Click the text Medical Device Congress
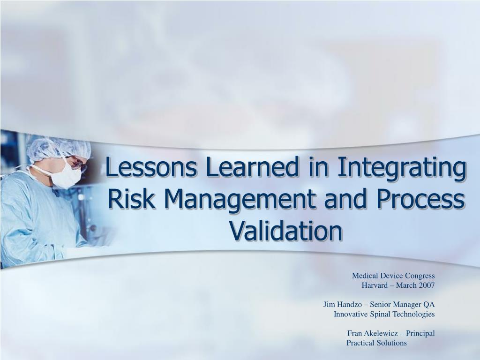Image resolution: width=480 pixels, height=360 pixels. [393, 275]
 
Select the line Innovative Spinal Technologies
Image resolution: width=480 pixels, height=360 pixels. [384, 314]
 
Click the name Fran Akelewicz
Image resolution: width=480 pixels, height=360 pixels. [373, 333]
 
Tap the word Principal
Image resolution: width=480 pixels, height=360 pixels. [420, 333]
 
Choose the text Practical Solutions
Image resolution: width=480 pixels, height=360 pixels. [376, 343]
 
